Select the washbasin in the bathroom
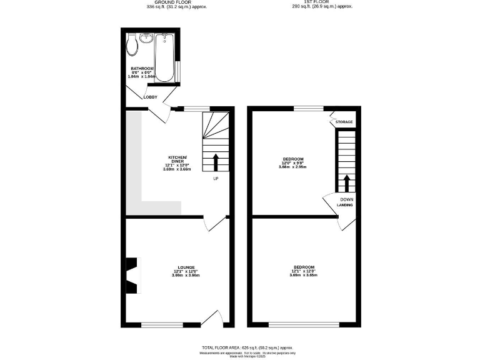click(146, 38)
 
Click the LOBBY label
click(151, 97)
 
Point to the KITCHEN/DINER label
click(177, 159)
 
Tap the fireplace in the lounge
click(132, 275)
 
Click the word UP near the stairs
click(216, 179)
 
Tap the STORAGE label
click(346, 122)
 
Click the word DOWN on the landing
click(346, 199)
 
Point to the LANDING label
click(345, 205)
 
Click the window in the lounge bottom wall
click(162, 324)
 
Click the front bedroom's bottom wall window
click(304, 324)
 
